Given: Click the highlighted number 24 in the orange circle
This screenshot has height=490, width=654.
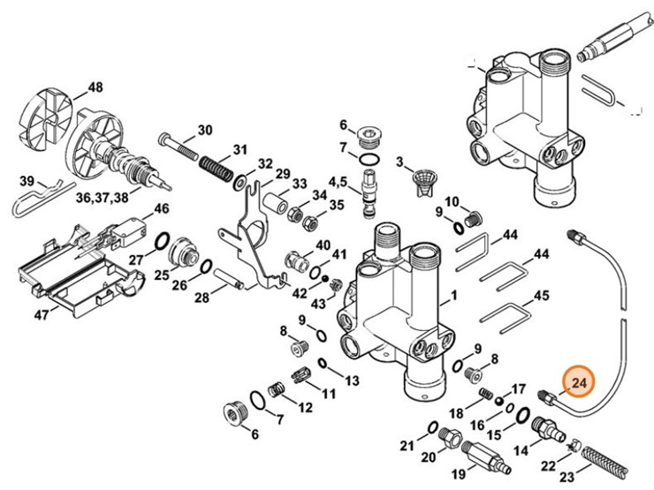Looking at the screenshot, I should tap(579, 382).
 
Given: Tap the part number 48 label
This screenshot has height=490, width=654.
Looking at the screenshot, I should tap(95, 87).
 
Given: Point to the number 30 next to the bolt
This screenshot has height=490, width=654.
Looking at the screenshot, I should tap(204, 130).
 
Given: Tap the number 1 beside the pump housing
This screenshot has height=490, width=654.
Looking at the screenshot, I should tap(453, 295).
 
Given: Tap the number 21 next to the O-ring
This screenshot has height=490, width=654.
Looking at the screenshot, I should tap(407, 443).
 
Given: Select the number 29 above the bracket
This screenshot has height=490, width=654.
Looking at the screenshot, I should tap(282, 172).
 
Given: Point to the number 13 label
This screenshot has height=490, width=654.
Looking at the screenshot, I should tap(352, 381).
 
